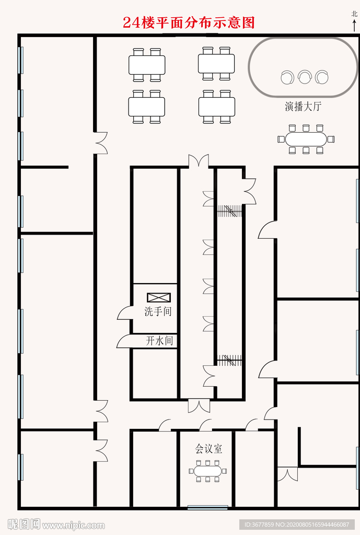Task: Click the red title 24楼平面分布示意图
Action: coord(189,23)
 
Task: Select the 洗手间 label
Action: coord(158,311)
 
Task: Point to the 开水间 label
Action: coord(159,341)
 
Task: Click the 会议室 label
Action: coord(208,449)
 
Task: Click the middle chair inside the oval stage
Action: coord(305,78)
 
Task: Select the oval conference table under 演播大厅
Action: coord(306,139)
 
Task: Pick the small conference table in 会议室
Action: coord(208,471)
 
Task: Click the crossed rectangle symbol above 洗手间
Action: coord(159,298)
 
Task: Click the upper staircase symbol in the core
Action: coord(230,211)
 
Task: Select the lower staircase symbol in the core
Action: coord(229,360)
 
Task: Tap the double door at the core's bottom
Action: coord(199,405)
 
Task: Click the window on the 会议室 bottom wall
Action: coord(207,507)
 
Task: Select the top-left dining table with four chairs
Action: coord(147,65)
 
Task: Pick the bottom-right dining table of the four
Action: coord(217,107)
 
